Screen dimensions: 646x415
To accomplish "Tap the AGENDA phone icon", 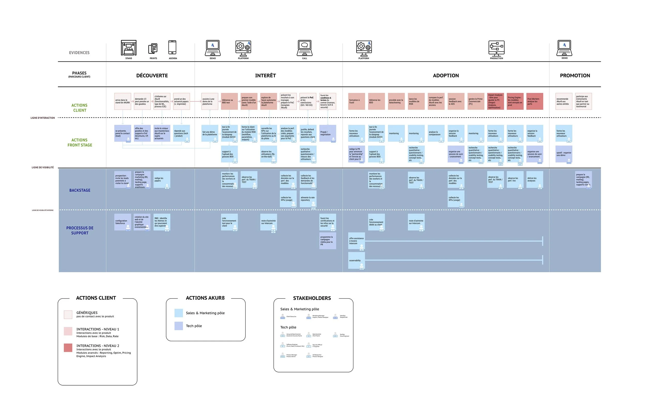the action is (172, 48).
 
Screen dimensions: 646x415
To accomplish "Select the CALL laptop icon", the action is (305, 48).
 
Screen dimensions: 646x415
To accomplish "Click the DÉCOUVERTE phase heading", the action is (152, 75).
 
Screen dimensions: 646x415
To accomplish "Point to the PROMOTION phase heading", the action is (575, 75).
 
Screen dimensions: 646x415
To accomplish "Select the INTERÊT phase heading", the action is (265, 75).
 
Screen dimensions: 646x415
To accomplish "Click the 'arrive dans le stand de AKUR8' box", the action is (123, 101).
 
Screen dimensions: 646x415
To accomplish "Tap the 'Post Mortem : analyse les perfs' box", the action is (535, 101).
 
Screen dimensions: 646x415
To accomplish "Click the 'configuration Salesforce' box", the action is (123, 222).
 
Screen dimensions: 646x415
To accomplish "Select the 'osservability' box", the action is (356, 260).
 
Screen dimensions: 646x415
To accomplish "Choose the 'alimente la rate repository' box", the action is (308, 199).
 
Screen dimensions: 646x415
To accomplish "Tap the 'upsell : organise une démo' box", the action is (564, 154).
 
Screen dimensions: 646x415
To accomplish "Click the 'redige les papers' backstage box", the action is (162, 179).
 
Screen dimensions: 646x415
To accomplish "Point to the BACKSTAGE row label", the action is (80, 190).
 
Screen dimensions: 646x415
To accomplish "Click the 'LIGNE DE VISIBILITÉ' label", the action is (43, 167).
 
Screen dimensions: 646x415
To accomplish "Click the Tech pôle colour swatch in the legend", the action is (179, 326).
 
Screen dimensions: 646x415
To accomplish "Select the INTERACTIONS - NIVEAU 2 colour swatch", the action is (68, 348).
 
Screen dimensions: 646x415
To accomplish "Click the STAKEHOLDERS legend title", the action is (312, 298).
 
